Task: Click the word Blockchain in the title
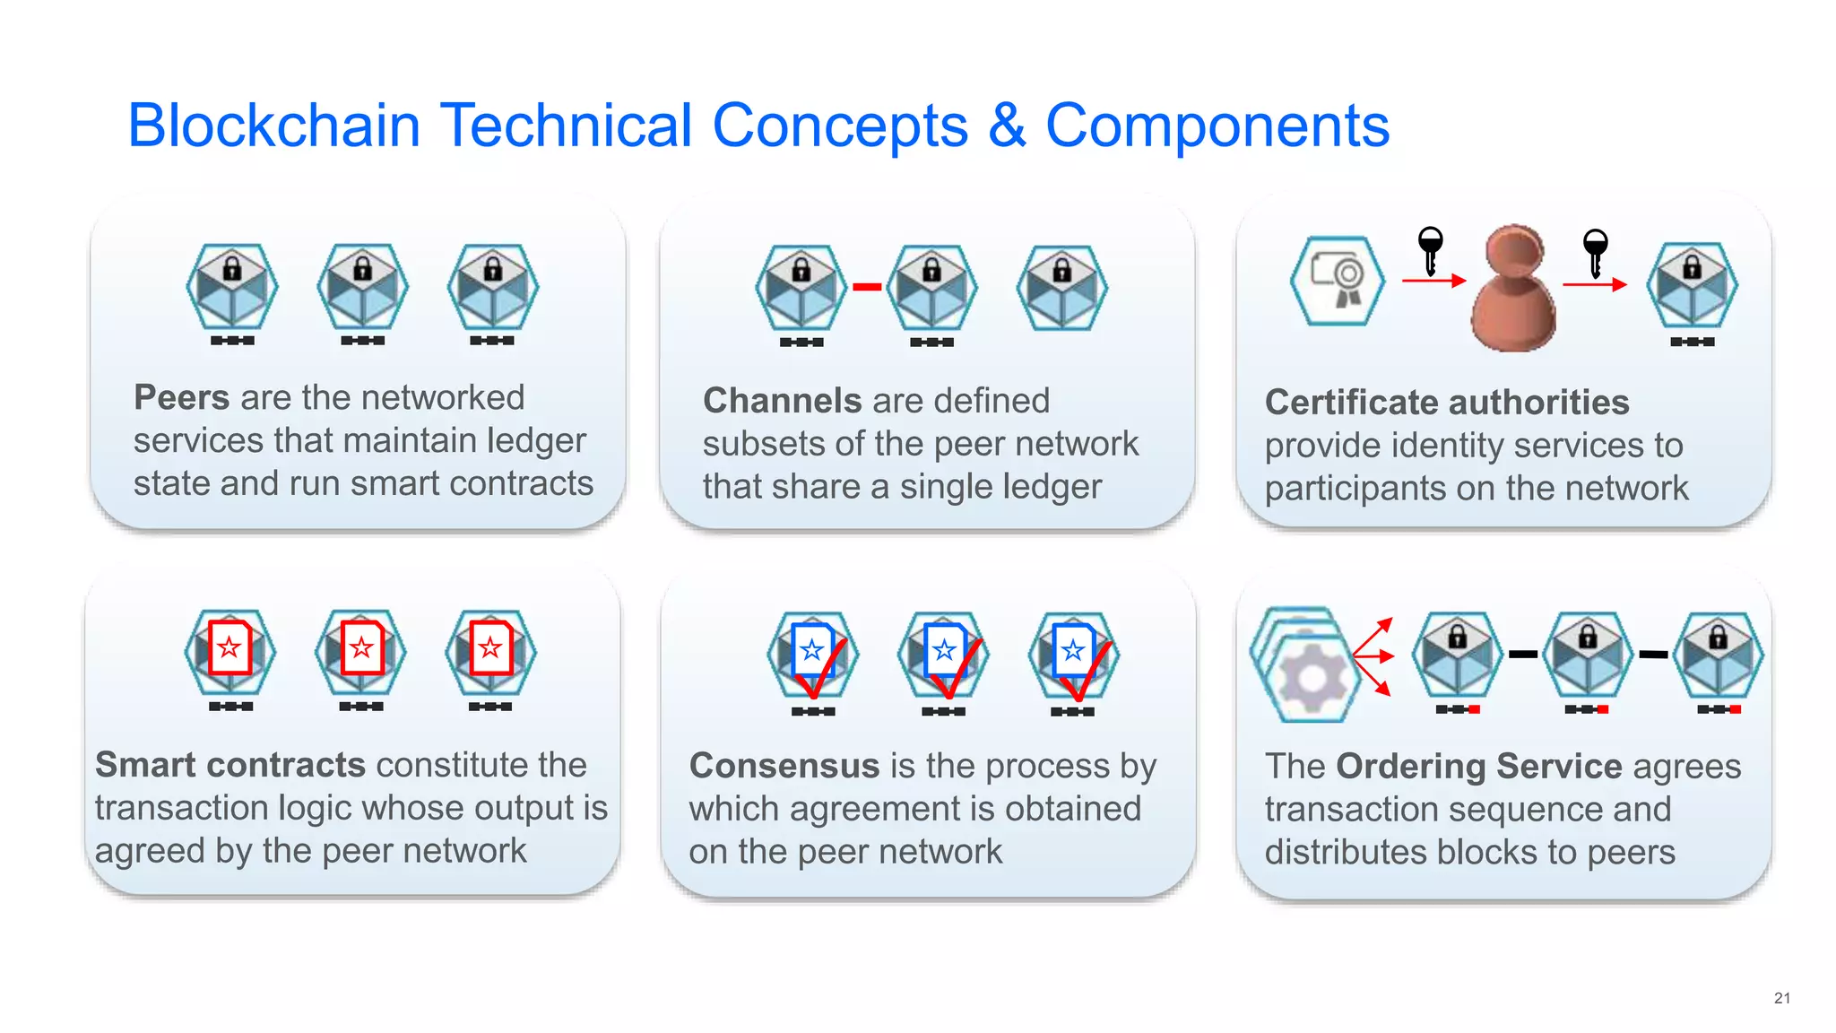click(x=273, y=126)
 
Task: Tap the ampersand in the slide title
click(x=1006, y=126)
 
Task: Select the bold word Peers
click(x=182, y=397)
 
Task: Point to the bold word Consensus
click(x=784, y=766)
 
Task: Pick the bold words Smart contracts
click(x=230, y=765)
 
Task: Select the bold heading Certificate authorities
click(x=1446, y=403)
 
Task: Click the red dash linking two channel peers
click(x=867, y=287)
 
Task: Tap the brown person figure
click(x=1513, y=289)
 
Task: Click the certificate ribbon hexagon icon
click(x=1337, y=281)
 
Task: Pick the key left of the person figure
click(x=1430, y=249)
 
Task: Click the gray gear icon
click(x=1311, y=678)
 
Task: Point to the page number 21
click(x=1782, y=998)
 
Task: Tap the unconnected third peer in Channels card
click(x=1061, y=288)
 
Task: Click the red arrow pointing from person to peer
click(x=1594, y=285)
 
